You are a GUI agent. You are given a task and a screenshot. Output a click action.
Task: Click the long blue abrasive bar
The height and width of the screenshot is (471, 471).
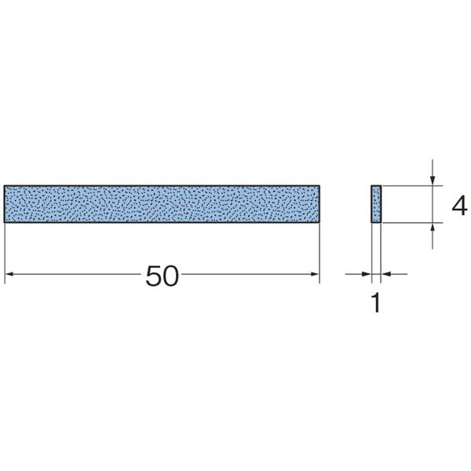coord(162,204)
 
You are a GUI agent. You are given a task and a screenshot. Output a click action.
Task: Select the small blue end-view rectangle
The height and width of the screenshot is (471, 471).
coord(376,204)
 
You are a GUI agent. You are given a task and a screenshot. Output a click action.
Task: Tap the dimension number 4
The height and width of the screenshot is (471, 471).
coord(459,206)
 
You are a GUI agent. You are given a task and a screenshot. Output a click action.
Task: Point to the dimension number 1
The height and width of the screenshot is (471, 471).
coord(376,303)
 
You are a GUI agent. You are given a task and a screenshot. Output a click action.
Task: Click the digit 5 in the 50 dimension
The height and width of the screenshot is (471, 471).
coord(154,276)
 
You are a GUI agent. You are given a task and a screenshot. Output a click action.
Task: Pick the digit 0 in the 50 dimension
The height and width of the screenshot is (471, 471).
coord(170,276)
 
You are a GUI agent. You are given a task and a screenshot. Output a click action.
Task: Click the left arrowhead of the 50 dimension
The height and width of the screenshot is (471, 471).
coord(9,274)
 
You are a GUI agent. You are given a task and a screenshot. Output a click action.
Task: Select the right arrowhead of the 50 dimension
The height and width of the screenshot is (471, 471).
coord(315,274)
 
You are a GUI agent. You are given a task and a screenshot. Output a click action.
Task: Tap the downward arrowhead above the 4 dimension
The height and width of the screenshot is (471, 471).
coord(433,181)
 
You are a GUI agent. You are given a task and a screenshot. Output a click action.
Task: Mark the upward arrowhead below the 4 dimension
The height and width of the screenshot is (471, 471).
coord(433,228)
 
